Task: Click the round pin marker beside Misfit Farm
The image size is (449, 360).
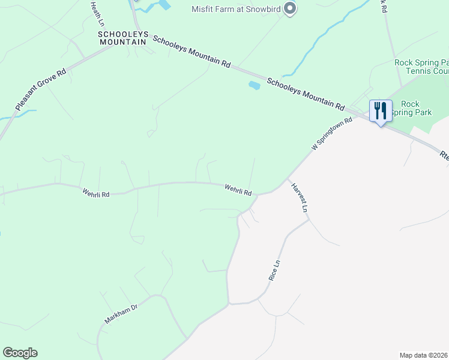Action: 290,8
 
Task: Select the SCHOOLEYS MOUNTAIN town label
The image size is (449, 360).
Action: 122,38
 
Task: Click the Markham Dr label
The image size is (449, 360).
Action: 121,313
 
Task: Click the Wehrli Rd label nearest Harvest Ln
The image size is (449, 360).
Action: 238,190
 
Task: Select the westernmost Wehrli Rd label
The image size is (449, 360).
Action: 96,194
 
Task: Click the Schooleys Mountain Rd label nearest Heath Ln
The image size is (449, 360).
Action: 191,51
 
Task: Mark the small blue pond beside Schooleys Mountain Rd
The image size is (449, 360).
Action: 255,85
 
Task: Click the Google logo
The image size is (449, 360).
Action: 20,353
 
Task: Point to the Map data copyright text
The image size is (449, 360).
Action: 423,355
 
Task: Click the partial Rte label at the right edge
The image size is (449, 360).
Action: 444,154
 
